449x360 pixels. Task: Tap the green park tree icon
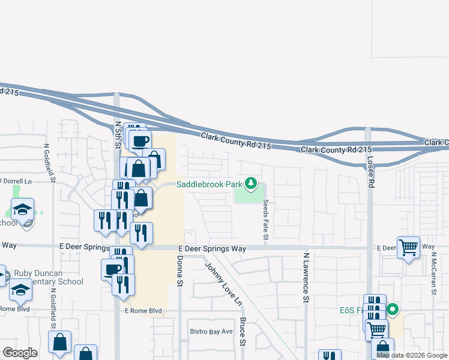pos(253,184)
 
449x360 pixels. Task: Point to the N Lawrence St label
pos(306,277)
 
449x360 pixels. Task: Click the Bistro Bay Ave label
pos(211,331)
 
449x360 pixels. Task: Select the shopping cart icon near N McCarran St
pos(408,246)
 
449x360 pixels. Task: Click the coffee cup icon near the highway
pos(140,141)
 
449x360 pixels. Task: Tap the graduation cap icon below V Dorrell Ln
pos(23,209)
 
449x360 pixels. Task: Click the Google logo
pos(20,353)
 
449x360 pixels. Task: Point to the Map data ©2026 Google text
pos(412,355)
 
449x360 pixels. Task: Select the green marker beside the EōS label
pos(393,310)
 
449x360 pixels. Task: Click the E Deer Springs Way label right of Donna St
pos(212,248)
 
